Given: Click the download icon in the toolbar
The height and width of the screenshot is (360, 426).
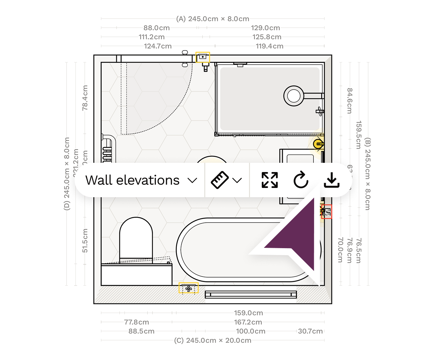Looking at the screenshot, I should tap(331, 180).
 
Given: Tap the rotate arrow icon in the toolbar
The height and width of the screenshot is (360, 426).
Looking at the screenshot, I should tap(301, 180).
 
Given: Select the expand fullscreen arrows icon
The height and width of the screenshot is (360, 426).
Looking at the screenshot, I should tap(270, 180).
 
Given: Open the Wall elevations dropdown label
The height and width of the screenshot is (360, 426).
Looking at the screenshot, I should tap(132, 180).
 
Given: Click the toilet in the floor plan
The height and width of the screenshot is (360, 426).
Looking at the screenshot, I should tap(136, 238).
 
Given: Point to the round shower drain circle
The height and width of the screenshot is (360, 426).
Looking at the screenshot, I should tap(294, 96).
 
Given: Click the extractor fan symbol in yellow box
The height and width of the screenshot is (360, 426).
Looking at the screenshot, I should tap(189, 288).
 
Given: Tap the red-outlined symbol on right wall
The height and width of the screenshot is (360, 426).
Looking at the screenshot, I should tap(327, 212).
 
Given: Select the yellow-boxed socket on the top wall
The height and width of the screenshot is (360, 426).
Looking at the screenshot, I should tap(203, 57).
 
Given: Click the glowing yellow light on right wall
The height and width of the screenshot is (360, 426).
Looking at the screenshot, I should tap(318, 144).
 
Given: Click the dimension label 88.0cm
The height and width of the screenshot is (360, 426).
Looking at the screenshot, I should tap(157, 28).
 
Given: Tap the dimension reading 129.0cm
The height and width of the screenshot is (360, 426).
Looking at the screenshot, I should tap(265, 28).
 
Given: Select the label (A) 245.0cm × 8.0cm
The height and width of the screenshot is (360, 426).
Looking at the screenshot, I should tap(213, 19).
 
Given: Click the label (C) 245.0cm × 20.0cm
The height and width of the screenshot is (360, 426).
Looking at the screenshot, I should tap(213, 340).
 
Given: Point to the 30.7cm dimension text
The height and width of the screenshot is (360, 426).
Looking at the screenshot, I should tap(310, 331).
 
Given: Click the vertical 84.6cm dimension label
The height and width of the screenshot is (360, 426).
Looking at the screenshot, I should tap(350, 101).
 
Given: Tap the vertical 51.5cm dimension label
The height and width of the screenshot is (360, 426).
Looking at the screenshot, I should tap(85, 241).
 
